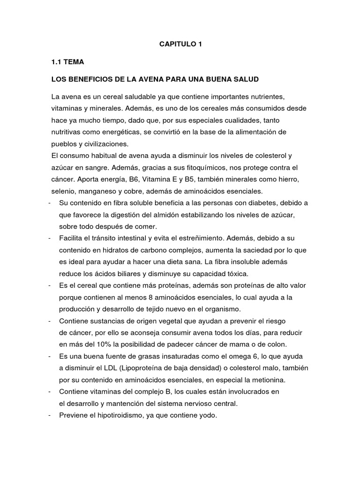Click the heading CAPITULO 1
pyautogui.click(x=180, y=45)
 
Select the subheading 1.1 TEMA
pyautogui.click(x=68, y=61)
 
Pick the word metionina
pyautogui.click(x=263, y=379)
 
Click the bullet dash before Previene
pyautogui.click(x=50, y=415)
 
